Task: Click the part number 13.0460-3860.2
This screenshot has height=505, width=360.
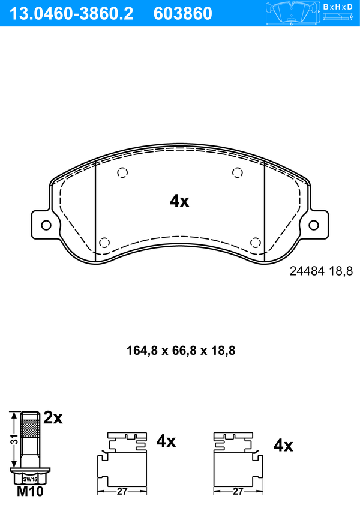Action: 71,14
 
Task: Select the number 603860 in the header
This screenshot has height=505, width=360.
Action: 183,14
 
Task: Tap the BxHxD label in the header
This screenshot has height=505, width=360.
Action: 338,7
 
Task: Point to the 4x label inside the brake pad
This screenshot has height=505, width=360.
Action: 179,201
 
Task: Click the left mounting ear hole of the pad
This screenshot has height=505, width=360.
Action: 46,225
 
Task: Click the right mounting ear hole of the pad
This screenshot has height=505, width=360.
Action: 314,225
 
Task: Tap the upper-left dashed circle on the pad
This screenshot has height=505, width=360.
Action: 122,172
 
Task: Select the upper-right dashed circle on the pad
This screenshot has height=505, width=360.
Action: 238,172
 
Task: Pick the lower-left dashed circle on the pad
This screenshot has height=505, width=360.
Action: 104,242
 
